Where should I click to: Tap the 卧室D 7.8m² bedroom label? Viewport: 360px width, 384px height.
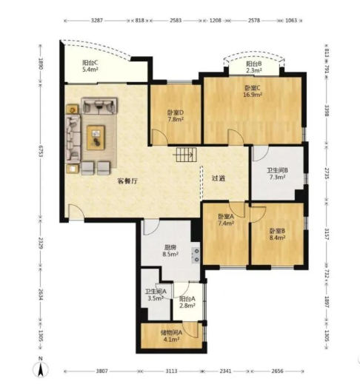(175, 115)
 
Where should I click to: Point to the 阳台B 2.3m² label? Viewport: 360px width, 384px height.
(254, 67)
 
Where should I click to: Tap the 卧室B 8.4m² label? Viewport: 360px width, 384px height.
(277, 234)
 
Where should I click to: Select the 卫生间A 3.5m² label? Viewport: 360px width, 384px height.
(155, 296)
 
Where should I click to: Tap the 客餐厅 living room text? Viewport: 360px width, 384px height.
(127, 181)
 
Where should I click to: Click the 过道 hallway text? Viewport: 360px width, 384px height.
(219, 178)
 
